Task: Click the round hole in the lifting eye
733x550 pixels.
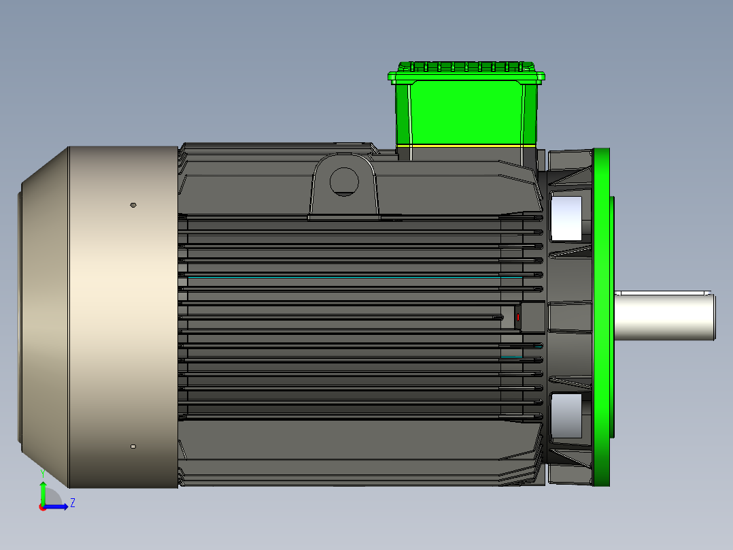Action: tap(344, 181)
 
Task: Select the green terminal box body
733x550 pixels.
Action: tap(466, 112)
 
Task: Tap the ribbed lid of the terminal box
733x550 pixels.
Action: tap(466, 70)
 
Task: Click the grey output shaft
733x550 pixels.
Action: tap(665, 315)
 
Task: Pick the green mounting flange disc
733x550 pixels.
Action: tap(601, 317)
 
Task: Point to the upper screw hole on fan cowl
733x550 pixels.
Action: tap(133, 204)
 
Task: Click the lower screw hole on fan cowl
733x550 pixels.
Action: tap(133, 447)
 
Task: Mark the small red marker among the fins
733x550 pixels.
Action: tap(518, 317)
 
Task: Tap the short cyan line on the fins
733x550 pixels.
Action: tap(511, 356)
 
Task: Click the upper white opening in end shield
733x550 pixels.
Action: tap(566, 218)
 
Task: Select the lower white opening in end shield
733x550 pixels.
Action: tap(566, 415)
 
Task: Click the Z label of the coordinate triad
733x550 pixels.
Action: tap(73, 503)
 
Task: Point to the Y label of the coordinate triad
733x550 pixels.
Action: tap(42, 472)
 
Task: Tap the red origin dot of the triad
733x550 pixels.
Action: tap(42, 507)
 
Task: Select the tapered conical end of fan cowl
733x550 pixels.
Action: tap(44, 317)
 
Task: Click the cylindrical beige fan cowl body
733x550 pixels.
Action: tap(122, 317)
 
